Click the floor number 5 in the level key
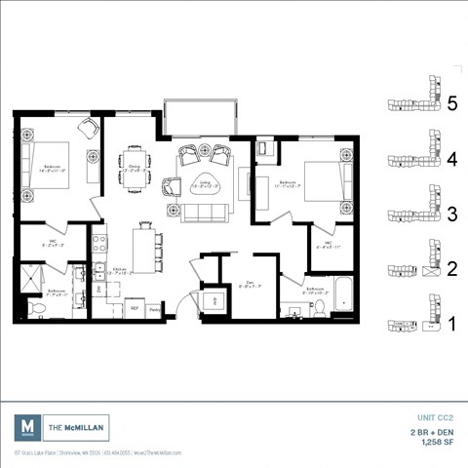pos(451,104)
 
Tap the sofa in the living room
pos(204,212)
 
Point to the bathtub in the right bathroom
pos(342,295)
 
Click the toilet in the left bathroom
pos(34,309)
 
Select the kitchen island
pos(144,248)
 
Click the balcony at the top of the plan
pos(200,117)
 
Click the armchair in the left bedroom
pos(88,130)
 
